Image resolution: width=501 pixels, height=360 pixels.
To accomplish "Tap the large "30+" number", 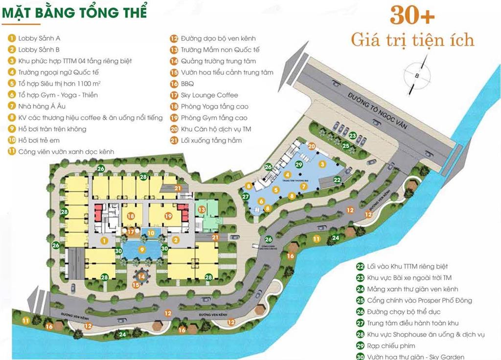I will click(x=412, y=17).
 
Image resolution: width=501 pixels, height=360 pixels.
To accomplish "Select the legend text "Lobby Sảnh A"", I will click(x=39, y=38).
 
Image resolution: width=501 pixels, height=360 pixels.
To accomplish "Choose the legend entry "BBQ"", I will click(x=187, y=84).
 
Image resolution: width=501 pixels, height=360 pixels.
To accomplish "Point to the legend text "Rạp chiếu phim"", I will click(x=392, y=345).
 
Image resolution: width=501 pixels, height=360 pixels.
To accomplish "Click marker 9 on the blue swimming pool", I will click(x=142, y=249).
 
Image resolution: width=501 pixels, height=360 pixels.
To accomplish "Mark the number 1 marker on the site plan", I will click(x=104, y=241).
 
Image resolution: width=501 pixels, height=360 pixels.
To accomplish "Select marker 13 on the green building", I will click(x=202, y=209).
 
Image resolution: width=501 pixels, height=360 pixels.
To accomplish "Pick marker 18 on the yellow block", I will click(x=131, y=216).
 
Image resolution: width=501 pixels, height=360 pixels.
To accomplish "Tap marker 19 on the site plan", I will click(x=168, y=216).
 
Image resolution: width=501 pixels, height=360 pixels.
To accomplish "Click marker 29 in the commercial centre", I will click(x=298, y=165).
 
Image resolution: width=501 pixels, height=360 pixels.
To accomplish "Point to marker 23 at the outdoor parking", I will click(x=353, y=136).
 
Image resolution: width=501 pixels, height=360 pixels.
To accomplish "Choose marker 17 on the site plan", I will click(x=131, y=231).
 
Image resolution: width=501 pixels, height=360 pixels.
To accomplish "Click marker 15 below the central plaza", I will click(x=136, y=284).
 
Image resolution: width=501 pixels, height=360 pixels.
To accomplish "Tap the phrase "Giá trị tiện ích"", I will click(x=412, y=39).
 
